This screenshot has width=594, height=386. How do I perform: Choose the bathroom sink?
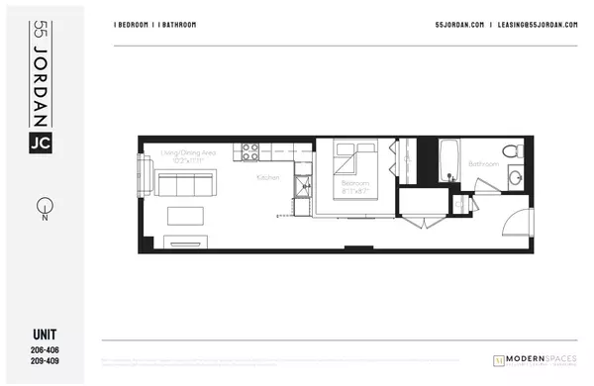point(517,180)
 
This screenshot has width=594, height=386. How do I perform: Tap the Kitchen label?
point(267,177)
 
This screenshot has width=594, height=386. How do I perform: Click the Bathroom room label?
point(483,162)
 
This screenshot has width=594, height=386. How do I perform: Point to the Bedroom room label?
point(355,183)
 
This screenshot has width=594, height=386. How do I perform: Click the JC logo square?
point(40,144)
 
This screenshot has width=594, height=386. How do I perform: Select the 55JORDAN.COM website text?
point(459,25)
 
